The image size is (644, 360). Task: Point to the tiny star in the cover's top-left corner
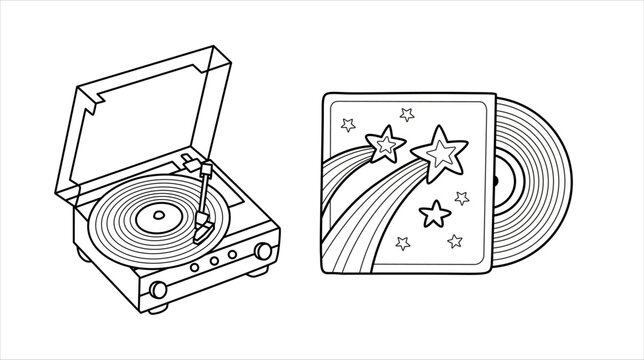point(349,125)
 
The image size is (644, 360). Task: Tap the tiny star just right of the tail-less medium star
point(461,197)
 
